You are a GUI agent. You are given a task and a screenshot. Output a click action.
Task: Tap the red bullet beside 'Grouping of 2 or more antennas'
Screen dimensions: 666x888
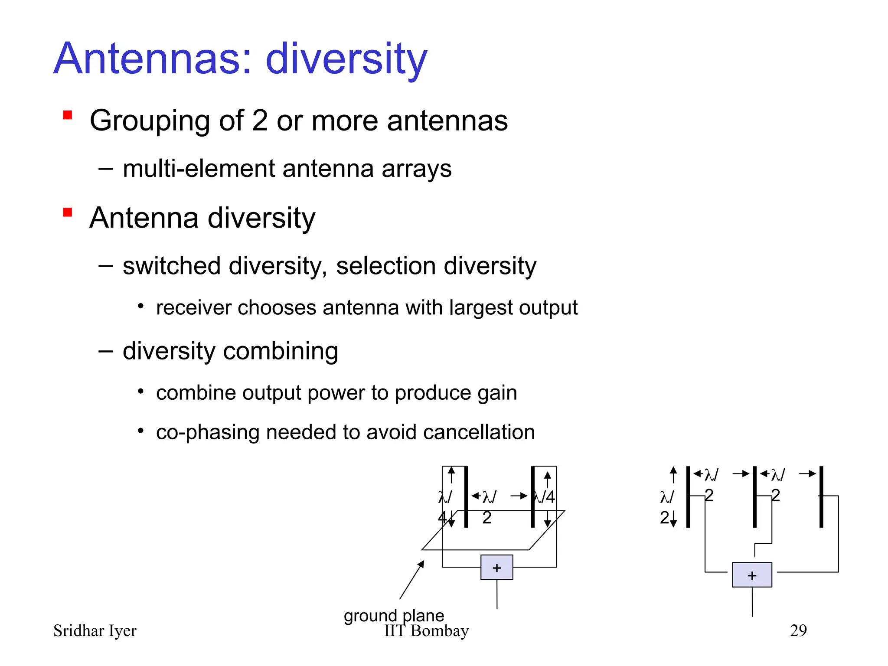pyautogui.click(x=67, y=115)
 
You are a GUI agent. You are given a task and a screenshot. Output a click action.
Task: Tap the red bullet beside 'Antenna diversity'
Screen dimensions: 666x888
pyautogui.click(x=67, y=212)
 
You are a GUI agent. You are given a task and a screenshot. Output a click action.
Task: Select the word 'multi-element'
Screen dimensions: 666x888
pyautogui.click(x=199, y=169)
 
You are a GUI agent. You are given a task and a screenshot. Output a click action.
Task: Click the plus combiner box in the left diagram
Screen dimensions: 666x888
pyautogui.click(x=497, y=567)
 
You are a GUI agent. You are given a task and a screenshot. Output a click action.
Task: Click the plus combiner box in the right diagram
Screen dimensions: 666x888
pyautogui.click(x=752, y=575)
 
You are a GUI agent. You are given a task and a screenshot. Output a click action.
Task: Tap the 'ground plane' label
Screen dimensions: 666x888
pyautogui.click(x=394, y=615)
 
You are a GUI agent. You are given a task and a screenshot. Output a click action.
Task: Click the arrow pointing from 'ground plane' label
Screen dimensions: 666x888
pyautogui.click(x=412, y=580)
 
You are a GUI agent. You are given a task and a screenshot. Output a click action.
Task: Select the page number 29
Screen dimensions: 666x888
pyautogui.click(x=798, y=630)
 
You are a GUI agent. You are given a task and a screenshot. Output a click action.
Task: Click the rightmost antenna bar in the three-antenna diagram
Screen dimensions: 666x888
pyautogui.click(x=821, y=497)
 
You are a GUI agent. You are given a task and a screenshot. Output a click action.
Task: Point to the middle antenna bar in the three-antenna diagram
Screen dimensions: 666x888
pyautogui.click(x=754, y=497)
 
